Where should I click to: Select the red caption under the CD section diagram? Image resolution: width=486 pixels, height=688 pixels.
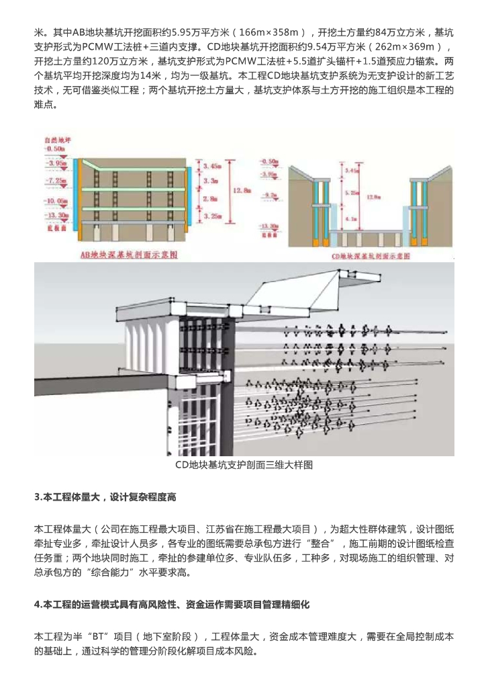[371, 257]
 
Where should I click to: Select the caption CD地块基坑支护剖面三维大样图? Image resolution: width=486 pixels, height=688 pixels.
[242, 464]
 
